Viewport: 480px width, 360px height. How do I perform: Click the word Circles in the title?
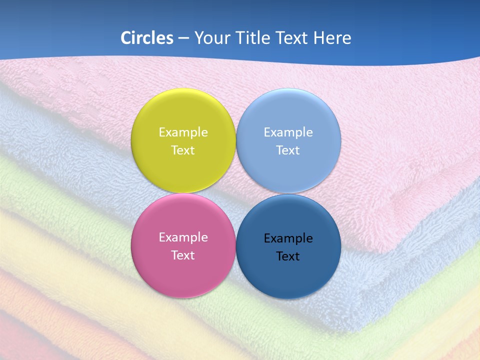point(146,38)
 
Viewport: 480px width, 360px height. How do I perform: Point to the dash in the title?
point(183,38)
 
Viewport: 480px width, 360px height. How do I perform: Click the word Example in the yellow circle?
point(183,132)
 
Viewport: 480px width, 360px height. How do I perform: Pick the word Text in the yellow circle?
point(183,150)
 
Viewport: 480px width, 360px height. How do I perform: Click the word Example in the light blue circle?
point(288,132)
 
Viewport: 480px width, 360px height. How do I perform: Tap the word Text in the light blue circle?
point(288,150)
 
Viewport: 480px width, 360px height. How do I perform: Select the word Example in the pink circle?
point(183,237)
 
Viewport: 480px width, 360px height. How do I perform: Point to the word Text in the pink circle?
point(183,255)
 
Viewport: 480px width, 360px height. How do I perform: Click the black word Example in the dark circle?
point(288,238)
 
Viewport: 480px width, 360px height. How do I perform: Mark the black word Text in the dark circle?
point(288,256)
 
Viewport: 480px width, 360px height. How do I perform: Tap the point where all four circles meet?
point(236,193)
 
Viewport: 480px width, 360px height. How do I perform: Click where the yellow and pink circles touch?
point(183,193)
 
